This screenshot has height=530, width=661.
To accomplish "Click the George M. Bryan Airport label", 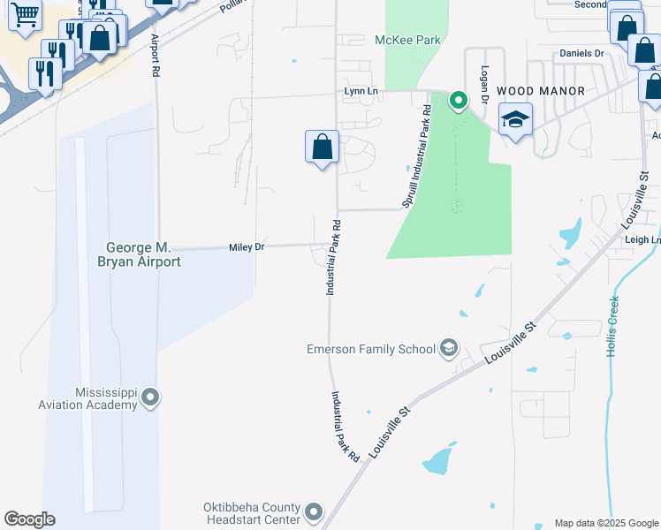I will coord(143,254).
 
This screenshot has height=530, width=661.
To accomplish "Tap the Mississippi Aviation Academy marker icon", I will coord(149,397).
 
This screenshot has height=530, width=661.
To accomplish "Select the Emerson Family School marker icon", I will coord(449,348).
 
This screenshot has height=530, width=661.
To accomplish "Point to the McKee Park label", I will coord(407,40).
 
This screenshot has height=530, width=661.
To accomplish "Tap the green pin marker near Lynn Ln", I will coord(458,100).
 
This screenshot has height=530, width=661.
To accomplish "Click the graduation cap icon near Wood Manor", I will coord(515,117).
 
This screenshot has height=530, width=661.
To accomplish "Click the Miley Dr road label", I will coord(247,247).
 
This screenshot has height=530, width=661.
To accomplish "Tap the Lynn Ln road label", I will coord(361,91).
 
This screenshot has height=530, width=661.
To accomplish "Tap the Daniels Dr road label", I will coord(581,54).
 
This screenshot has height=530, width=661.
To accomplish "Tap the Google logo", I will coord(29,519).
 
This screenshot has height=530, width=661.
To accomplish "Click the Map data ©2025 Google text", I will coord(605,523).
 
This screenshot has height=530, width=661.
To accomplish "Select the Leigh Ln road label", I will coord(642,239).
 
